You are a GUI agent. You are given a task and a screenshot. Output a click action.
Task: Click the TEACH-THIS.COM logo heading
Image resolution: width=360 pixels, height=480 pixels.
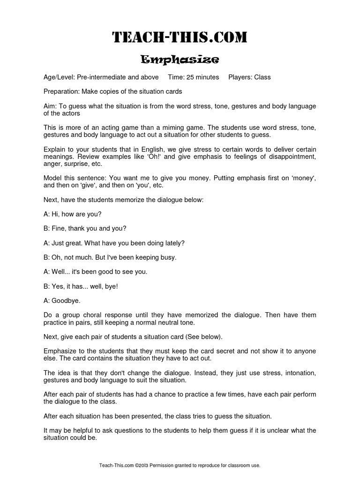[x=180, y=37]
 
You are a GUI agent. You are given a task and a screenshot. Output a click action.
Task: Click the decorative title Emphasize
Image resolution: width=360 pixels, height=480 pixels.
[x=180, y=60]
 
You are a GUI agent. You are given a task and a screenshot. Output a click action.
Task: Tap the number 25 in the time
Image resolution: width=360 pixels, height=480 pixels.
[x=194, y=77]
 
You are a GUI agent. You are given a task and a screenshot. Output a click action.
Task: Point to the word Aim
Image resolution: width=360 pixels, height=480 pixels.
[x=50, y=106]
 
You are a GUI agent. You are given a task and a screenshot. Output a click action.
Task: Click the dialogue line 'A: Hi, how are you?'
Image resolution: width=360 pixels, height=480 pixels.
[x=72, y=214]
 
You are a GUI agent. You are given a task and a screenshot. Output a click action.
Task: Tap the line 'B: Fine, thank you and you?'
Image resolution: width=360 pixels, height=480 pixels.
[x=85, y=228]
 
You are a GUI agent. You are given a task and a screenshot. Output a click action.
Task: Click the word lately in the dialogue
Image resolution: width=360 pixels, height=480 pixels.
[x=173, y=243]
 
